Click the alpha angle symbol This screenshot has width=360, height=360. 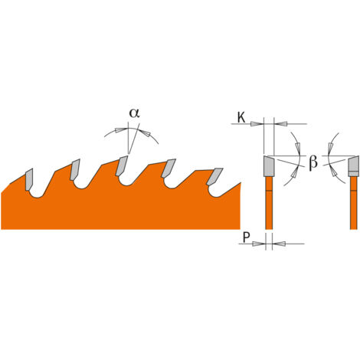(134, 113)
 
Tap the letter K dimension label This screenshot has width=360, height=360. (241, 118)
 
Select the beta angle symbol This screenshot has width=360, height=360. (313, 163)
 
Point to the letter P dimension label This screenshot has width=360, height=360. (246, 237)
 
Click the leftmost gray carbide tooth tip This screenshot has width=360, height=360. (29, 179)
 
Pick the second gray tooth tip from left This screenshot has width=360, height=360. (75, 169)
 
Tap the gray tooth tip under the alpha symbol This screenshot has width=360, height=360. (122, 166)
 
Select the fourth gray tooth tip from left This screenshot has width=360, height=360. (169, 168)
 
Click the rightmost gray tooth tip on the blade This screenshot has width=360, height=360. (214, 176)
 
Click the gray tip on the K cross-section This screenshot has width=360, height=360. (269, 166)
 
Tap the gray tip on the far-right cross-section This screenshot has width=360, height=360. (354, 166)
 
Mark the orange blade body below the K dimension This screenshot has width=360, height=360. (269, 203)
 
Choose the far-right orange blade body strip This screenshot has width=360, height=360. (354, 203)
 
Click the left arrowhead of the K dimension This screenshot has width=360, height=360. (257, 124)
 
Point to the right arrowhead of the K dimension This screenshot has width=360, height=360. (280, 124)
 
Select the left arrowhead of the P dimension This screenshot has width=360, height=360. (259, 244)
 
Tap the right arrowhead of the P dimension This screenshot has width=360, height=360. (279, 244)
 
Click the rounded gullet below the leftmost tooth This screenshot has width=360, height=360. (38, 195)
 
